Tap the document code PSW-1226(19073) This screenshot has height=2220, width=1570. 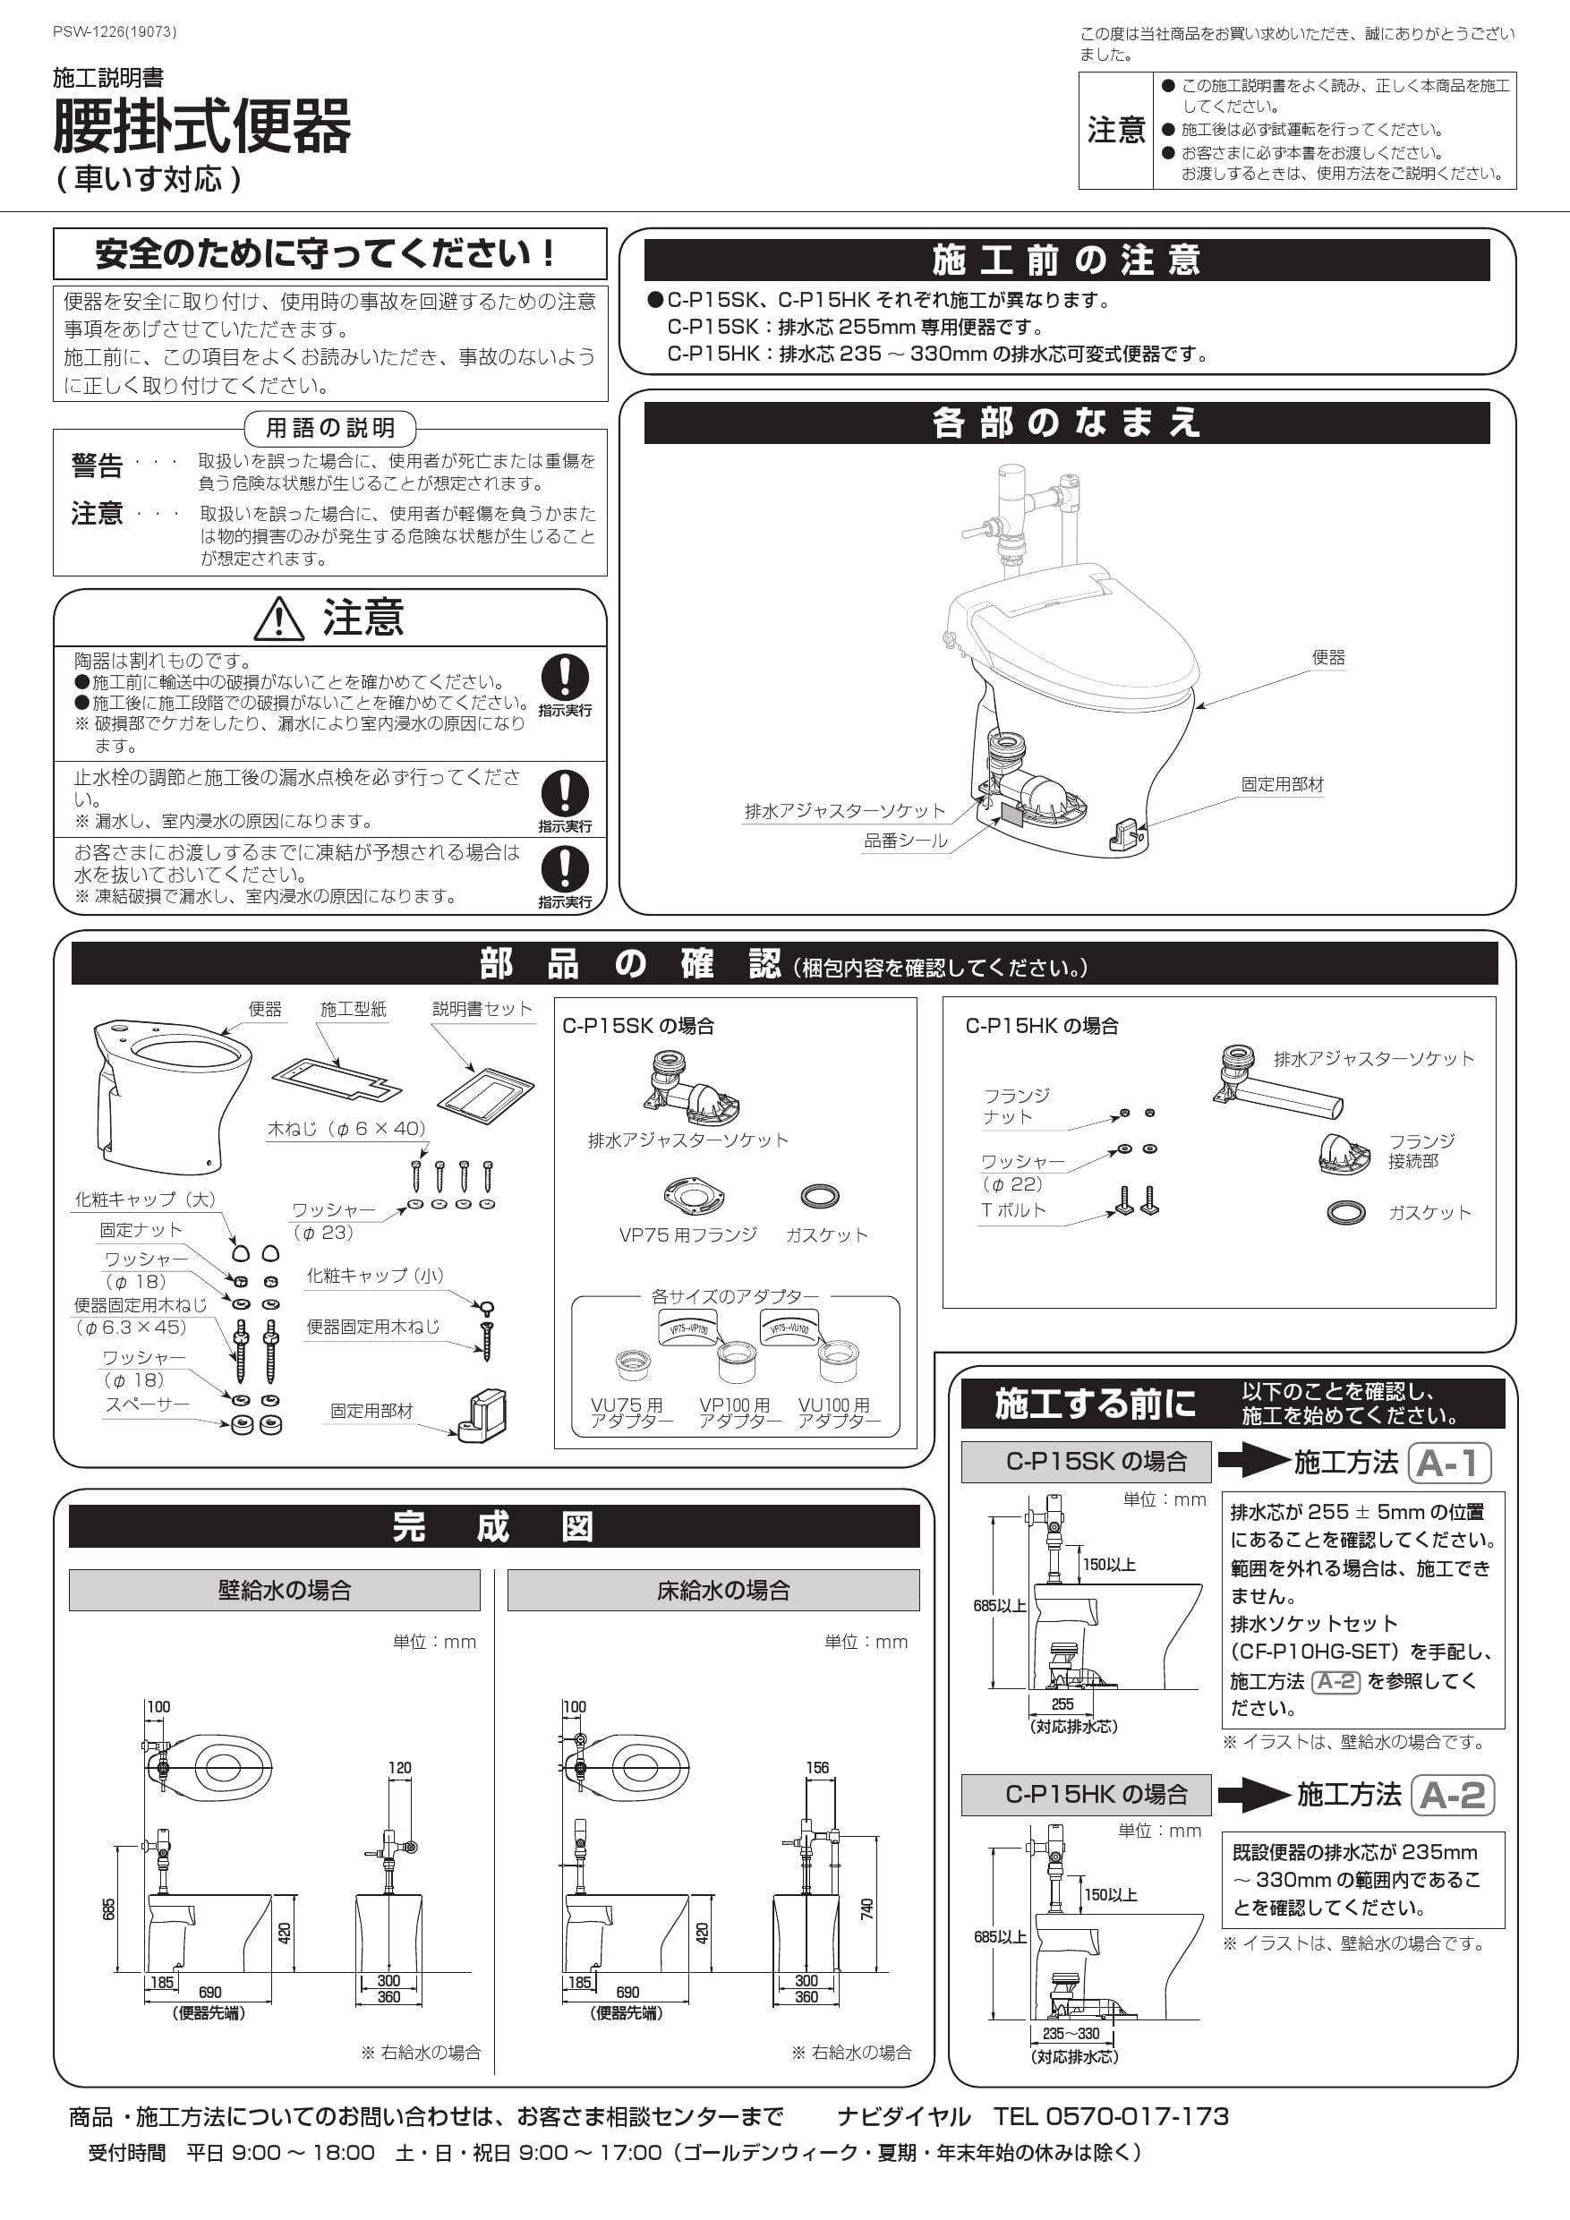click(x=114, y=32)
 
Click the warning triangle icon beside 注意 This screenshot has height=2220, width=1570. click(x=278, y=619)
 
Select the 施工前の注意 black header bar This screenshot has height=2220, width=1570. click(x=1066, y=260)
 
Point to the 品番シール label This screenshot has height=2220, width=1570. click(x=905, y=841)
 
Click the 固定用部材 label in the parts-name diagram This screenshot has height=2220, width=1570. click(x=1282, y=784)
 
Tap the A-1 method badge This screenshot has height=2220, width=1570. click(x=1449, y=1463)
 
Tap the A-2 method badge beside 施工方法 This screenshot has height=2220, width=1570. click(x=1452, y=1796)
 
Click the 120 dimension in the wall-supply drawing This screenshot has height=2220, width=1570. click(x=399, y=1767)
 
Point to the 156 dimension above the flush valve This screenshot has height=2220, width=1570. click(x=817, y=1767)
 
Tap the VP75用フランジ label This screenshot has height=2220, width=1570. click(x=687, y=1234)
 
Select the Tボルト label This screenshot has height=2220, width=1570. click(x=1012, y=1209)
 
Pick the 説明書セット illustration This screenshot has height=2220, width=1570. click(x=485, y=1089)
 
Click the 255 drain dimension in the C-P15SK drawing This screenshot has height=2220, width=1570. click(x=1062, y=1704)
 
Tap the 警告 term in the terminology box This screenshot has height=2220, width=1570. click(x=97, y=466)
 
